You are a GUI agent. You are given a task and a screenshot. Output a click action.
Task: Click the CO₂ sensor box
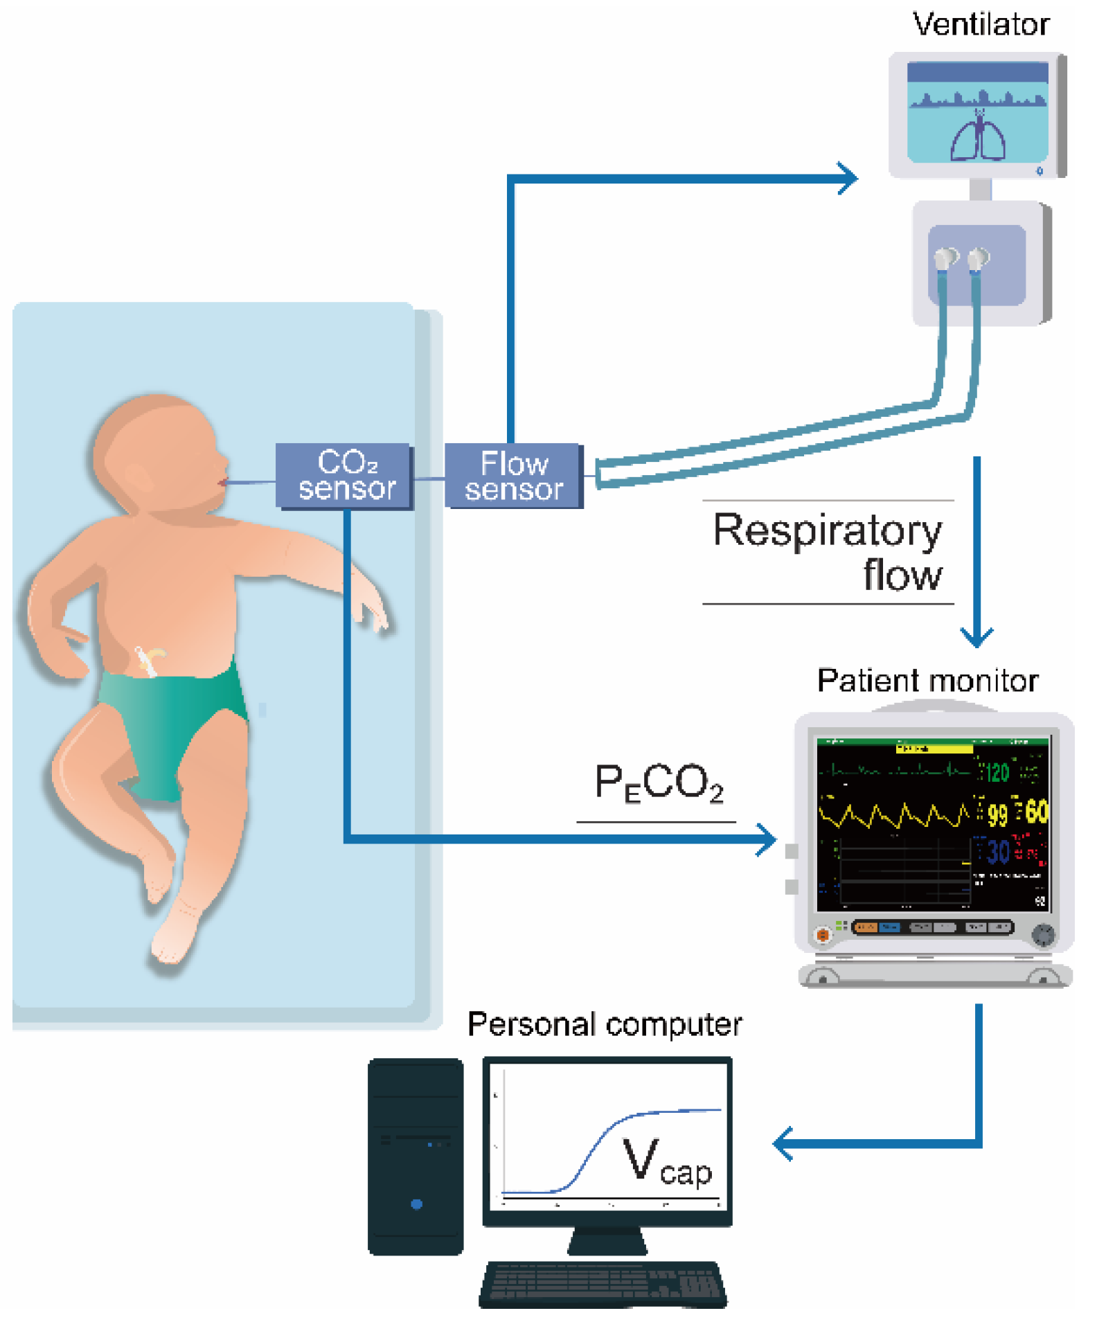point(344,476)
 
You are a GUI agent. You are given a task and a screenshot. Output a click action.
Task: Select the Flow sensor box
point(513,476)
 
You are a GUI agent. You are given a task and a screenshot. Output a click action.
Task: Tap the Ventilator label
point(980,24)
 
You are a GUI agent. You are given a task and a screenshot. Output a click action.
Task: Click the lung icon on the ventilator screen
point(977,136)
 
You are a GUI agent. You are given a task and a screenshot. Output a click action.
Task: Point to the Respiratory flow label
point(828,552)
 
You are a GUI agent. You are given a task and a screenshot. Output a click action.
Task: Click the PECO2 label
point(659,783)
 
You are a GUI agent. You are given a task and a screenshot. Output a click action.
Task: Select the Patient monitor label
point(927,681)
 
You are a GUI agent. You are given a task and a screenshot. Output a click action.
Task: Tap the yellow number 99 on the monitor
point(997,814)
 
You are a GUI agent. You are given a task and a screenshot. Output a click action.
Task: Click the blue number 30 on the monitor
point(998,851)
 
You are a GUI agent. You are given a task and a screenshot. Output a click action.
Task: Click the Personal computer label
point(605,1024)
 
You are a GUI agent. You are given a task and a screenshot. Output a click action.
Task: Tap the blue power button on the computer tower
point(416,1204)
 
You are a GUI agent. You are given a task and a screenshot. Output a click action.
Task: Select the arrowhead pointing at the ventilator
point(849,179)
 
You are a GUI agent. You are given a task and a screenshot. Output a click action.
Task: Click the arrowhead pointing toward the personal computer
point(783,1144)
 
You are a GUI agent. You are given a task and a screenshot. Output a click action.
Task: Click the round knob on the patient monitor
point(1043,934)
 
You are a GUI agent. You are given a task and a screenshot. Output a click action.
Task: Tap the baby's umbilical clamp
point(148,659)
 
